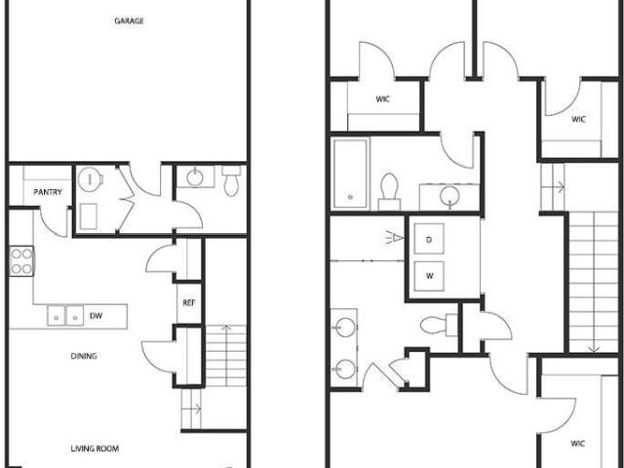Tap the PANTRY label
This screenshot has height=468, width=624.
pos(48,192)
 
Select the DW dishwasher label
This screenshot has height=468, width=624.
pos(96,315)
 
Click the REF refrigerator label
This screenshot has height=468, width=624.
pos(188,302)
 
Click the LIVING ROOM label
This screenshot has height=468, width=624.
pos(95,448)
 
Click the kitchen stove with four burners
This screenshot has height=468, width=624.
pos(21,260)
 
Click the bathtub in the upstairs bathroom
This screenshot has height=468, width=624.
pos(350,174)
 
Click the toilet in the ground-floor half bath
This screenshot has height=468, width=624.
pos(231,181)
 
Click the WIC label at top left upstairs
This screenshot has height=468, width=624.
pos(383,98)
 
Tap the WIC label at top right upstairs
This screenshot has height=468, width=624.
pos(578,120)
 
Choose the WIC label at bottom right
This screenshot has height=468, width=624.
pos(577,444)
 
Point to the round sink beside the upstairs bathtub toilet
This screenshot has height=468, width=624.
pos(449,197)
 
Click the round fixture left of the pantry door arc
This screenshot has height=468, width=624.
pos(90,180)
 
